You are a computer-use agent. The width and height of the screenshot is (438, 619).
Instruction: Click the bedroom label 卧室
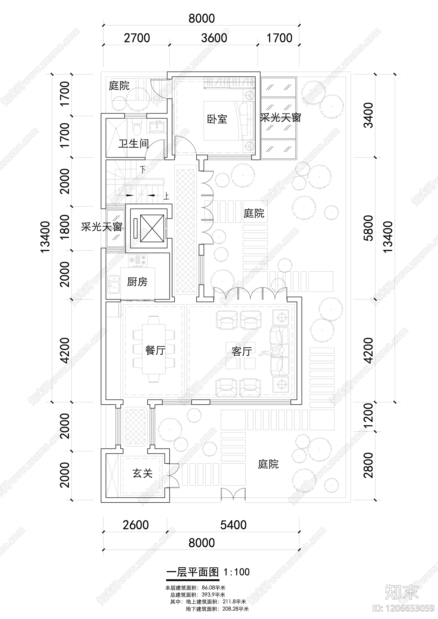point(217,119)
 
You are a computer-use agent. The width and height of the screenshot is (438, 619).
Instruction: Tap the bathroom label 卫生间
point(133,144)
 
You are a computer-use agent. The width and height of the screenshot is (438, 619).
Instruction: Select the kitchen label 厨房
point(137,282)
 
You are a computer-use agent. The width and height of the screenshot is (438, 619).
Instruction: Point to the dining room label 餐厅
point(155,350)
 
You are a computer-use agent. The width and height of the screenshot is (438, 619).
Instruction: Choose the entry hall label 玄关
point(142,473)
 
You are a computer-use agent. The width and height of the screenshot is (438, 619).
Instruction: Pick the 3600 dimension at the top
point(214,38)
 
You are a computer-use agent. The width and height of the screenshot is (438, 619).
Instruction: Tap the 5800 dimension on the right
point(369,228)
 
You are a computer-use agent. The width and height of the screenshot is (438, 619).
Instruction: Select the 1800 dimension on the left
point(65,227)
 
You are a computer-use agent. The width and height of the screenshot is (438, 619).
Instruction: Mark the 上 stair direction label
point(166,196)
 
